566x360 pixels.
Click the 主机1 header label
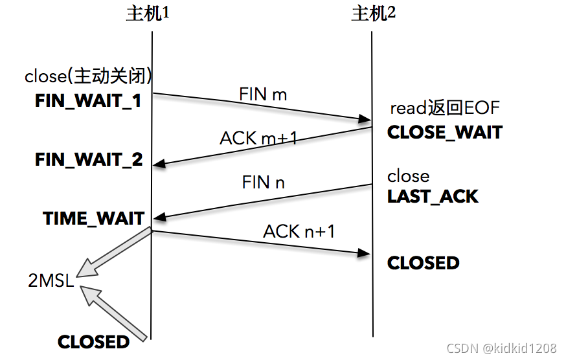click(147, 14)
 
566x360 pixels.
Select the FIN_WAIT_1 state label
click(88, 101)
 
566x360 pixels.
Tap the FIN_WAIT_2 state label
click(89, 160)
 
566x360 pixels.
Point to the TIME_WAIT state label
click(94, 218)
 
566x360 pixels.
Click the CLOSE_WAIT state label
click(445, 132)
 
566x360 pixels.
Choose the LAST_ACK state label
click(433, 197)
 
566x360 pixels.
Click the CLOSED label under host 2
click(424, 263)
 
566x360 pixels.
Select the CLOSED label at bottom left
click(94, 342)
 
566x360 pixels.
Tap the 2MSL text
click(51, 282)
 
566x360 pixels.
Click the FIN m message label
click(263, 94)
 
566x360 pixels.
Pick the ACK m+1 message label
click(258, 137)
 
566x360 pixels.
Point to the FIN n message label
click(263, 183)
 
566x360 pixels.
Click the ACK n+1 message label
click(299, 231)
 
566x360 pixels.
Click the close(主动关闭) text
click(89, 76)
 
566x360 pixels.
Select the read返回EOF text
click(445, 108)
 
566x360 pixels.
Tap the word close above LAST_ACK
click(408, 176)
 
